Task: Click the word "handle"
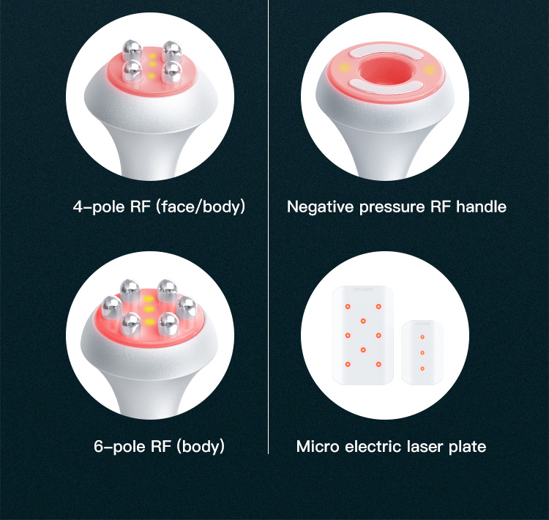click(481, 207)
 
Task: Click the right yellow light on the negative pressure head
click(428, 70)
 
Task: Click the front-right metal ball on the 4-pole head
click(173, 71)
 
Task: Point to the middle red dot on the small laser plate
click(423, 352)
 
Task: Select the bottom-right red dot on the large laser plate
click(378, 364)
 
